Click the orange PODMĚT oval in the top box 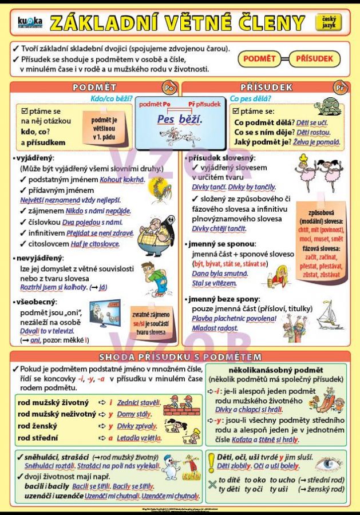[259, 58]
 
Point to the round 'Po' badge [168, 88]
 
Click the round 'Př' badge [339, 88]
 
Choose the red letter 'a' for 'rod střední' [110, 438]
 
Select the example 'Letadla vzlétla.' [138, 438]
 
